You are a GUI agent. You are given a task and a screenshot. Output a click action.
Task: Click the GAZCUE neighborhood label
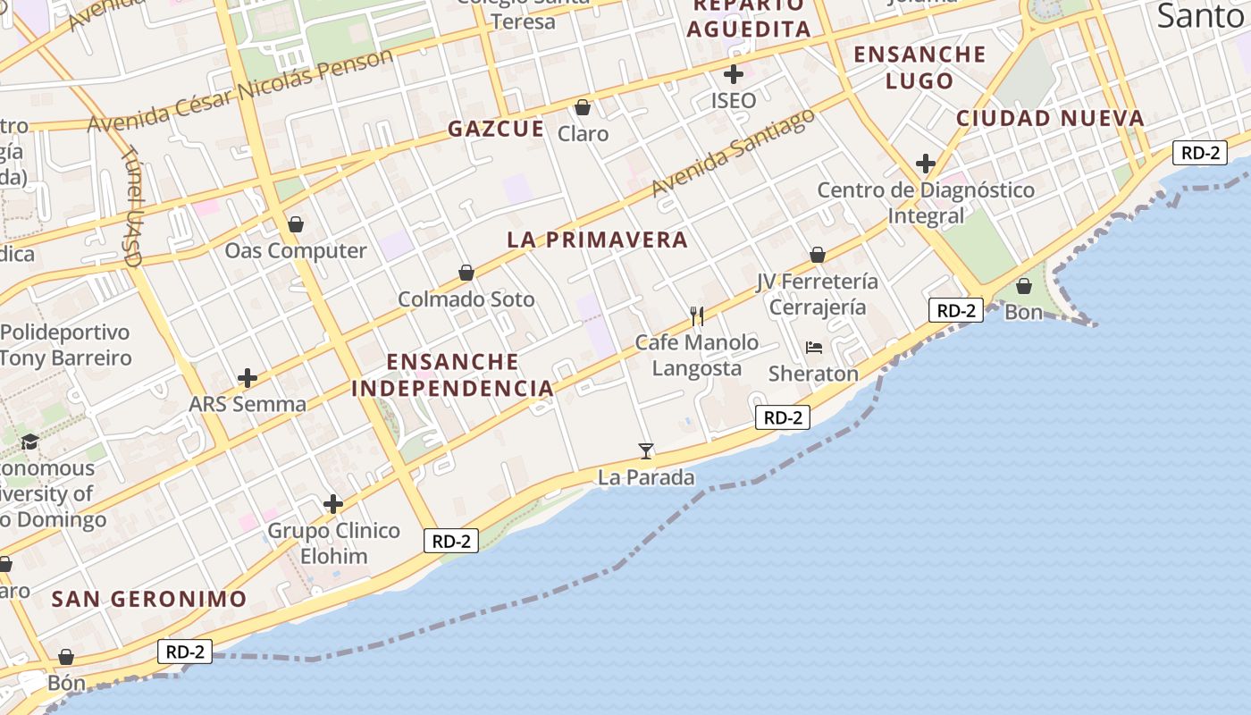coord(496,129)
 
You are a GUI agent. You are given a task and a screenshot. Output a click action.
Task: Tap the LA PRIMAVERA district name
coord(597,240)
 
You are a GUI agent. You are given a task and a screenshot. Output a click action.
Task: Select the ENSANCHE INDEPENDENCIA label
coord(452,374)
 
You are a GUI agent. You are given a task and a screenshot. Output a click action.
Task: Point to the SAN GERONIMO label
coord(148,599)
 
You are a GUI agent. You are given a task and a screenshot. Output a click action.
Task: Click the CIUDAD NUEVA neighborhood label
coord(1050,118)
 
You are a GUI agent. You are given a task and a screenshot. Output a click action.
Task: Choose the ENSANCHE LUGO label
coord(919,67)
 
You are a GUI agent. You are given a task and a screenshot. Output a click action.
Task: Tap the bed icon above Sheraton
coord(813,347)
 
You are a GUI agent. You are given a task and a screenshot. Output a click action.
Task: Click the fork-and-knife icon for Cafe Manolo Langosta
coord(697,315)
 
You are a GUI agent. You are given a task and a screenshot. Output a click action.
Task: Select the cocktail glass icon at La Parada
coord(646,450)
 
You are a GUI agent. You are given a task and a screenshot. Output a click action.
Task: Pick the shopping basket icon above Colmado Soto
coord(466,273)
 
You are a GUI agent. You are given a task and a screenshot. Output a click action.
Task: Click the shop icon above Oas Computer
coord(295,224)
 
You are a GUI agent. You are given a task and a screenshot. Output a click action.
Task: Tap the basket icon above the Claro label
coord(583,107)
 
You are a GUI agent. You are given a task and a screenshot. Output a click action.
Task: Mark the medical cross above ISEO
coord(734,73)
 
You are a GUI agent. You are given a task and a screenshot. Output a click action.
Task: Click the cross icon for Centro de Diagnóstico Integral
coord(925,164)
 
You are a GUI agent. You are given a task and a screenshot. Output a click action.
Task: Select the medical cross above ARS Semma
coord(248,378)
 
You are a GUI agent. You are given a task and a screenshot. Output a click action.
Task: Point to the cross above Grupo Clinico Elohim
coord(333,504)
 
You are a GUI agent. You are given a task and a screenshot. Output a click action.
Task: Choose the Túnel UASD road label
coord(132,206)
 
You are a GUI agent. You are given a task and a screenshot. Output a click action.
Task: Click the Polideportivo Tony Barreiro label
coord(65,345)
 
